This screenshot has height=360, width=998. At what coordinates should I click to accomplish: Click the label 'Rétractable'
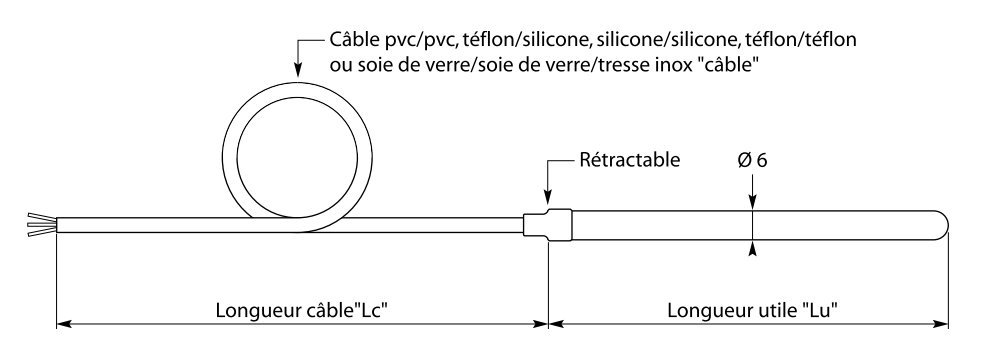click(x=630, y=160)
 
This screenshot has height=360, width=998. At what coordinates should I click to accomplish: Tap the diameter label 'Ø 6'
click(x=752, y=160)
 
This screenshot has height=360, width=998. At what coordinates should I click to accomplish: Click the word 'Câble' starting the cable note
click(x=352, y=41)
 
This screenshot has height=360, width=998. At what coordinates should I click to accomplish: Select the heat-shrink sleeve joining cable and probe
click(x=550, y=223)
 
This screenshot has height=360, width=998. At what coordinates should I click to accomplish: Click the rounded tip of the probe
click(x=940, y=223)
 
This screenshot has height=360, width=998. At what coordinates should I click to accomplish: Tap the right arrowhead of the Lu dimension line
click(x=941, y=324)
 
